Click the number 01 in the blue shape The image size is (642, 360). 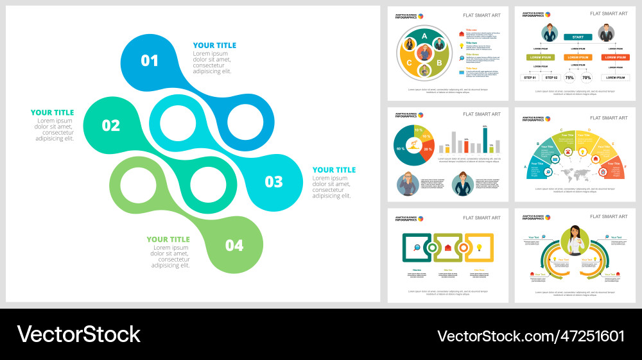coord(150,61)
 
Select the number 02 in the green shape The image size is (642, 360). coord(110,125)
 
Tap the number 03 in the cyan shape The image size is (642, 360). coord(273,182)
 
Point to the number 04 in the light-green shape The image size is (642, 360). coord(234,245)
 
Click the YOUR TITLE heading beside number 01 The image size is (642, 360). coord(214,46)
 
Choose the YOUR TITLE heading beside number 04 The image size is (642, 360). coord(168,239)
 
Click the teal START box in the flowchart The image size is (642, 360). coord(578,37)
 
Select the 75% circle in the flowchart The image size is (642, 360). coord(569,78)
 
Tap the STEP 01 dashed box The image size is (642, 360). coord(530,78)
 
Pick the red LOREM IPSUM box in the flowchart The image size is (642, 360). coord(616,57)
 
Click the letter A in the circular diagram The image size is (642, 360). coord(424,37)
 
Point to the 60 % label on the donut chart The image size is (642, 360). coord(401,149)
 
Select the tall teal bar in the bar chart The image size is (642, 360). coord(485,140)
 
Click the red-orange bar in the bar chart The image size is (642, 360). coord(466,146)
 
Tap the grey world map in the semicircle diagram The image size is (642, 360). coord(576,173)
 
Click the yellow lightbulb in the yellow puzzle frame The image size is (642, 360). coord(479,248)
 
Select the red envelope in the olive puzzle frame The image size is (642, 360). coord(448,248)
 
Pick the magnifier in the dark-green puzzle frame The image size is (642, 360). coord(417,248)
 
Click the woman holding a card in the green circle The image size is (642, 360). coord(575,241)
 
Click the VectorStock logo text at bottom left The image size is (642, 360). coord(78,334)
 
